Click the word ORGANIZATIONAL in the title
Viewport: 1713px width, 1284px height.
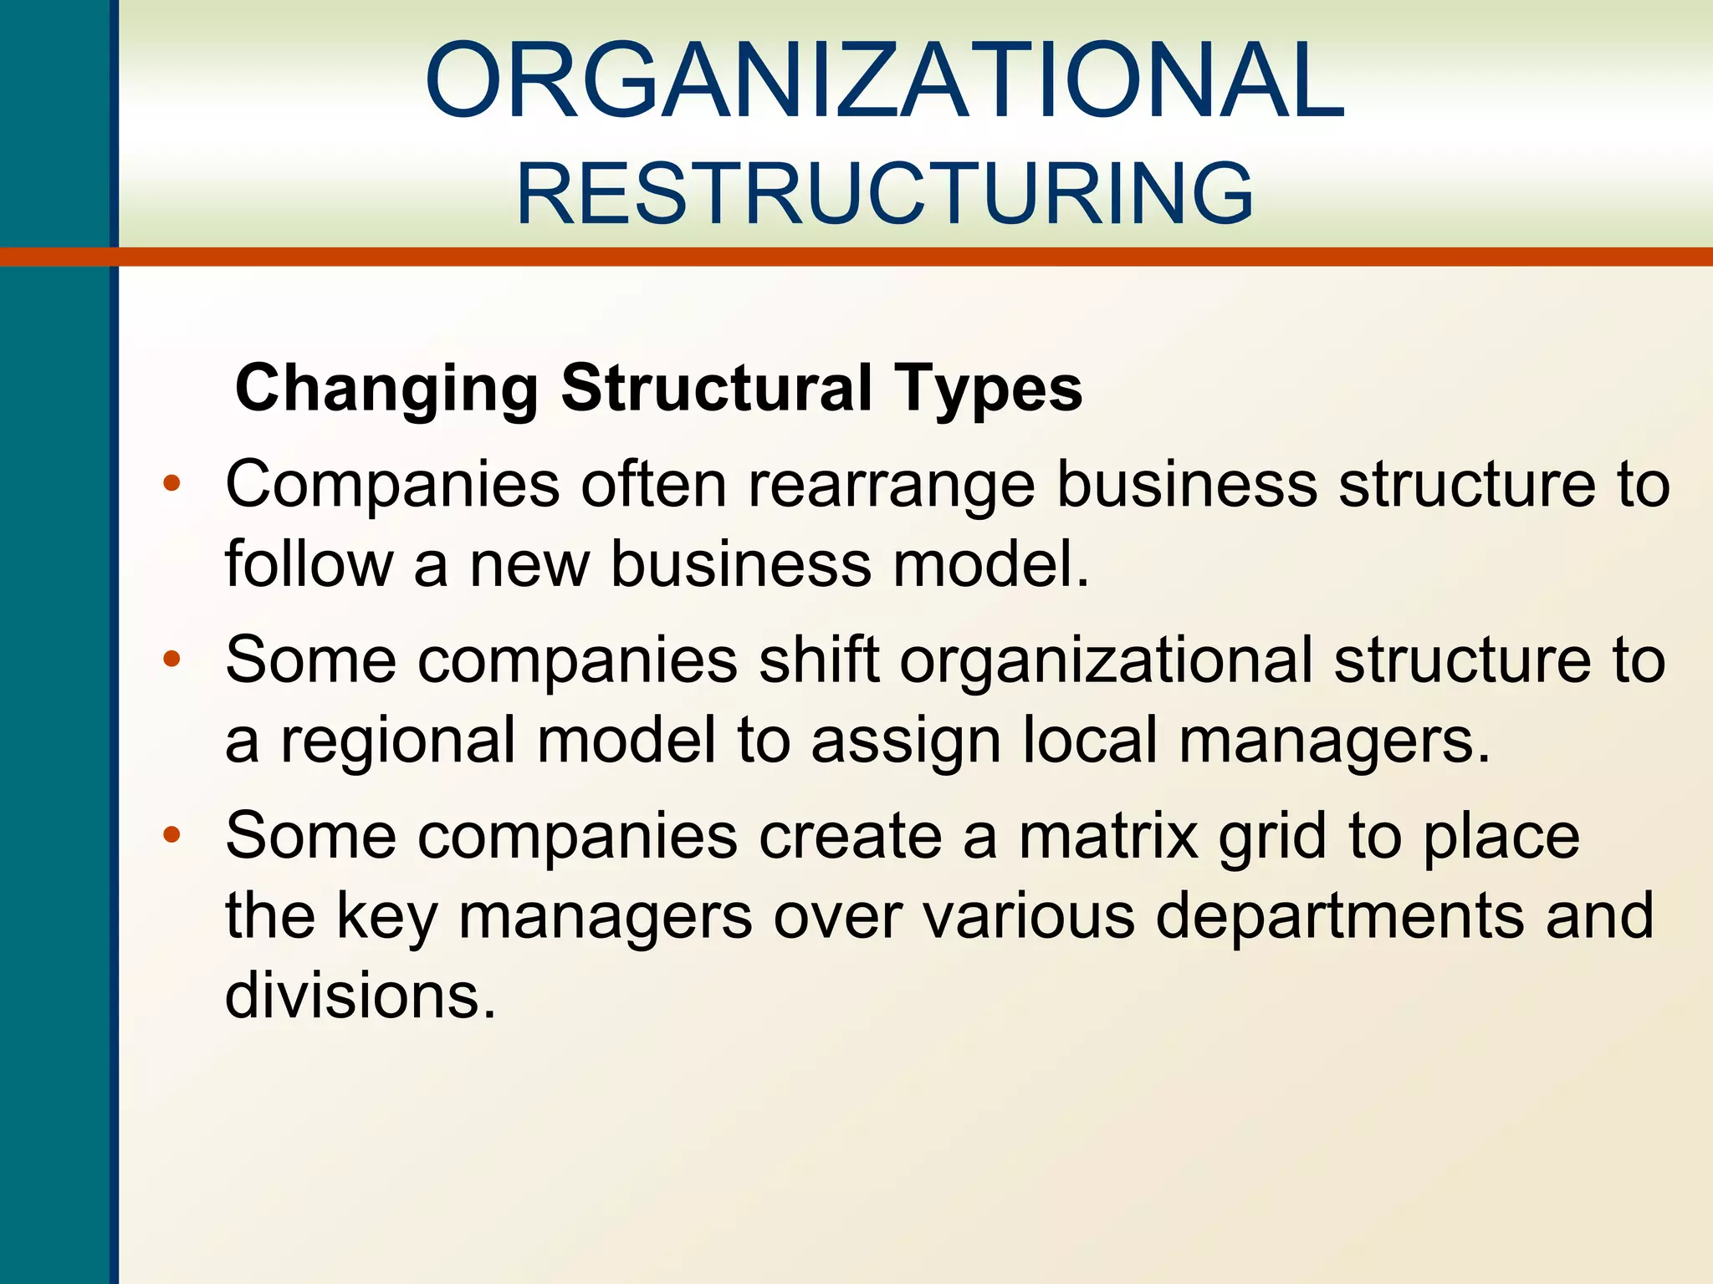click(884, 81)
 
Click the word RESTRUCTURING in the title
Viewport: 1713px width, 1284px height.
click(884, 194)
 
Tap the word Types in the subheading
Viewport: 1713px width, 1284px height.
click(989, 389)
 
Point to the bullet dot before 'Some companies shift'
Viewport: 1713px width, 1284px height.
click(172, 660)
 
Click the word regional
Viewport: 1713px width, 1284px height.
click(397, 741)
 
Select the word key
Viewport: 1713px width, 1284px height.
click(386, 916)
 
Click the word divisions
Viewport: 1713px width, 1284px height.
click(360, 995)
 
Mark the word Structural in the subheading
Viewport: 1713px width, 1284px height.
click(717, 389)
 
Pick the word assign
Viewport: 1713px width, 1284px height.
click(906, 741)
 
